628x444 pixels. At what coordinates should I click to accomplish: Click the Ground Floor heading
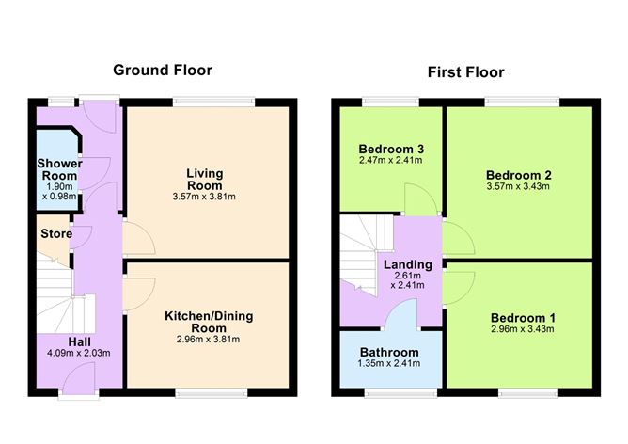coord(163,70)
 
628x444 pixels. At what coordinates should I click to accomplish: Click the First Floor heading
coord(465,71)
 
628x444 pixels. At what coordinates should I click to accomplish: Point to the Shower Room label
coord(59,169)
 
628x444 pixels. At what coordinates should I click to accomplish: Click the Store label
coord(55,233)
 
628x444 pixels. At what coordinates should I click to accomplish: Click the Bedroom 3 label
coord(390,149)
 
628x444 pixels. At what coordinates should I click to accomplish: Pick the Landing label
coord(407,264)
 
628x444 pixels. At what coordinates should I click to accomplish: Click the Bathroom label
coord(389,353)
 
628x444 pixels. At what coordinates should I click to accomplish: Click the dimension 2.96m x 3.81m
coord(209,340)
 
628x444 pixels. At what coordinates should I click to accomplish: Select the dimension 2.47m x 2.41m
coord(390,161)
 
